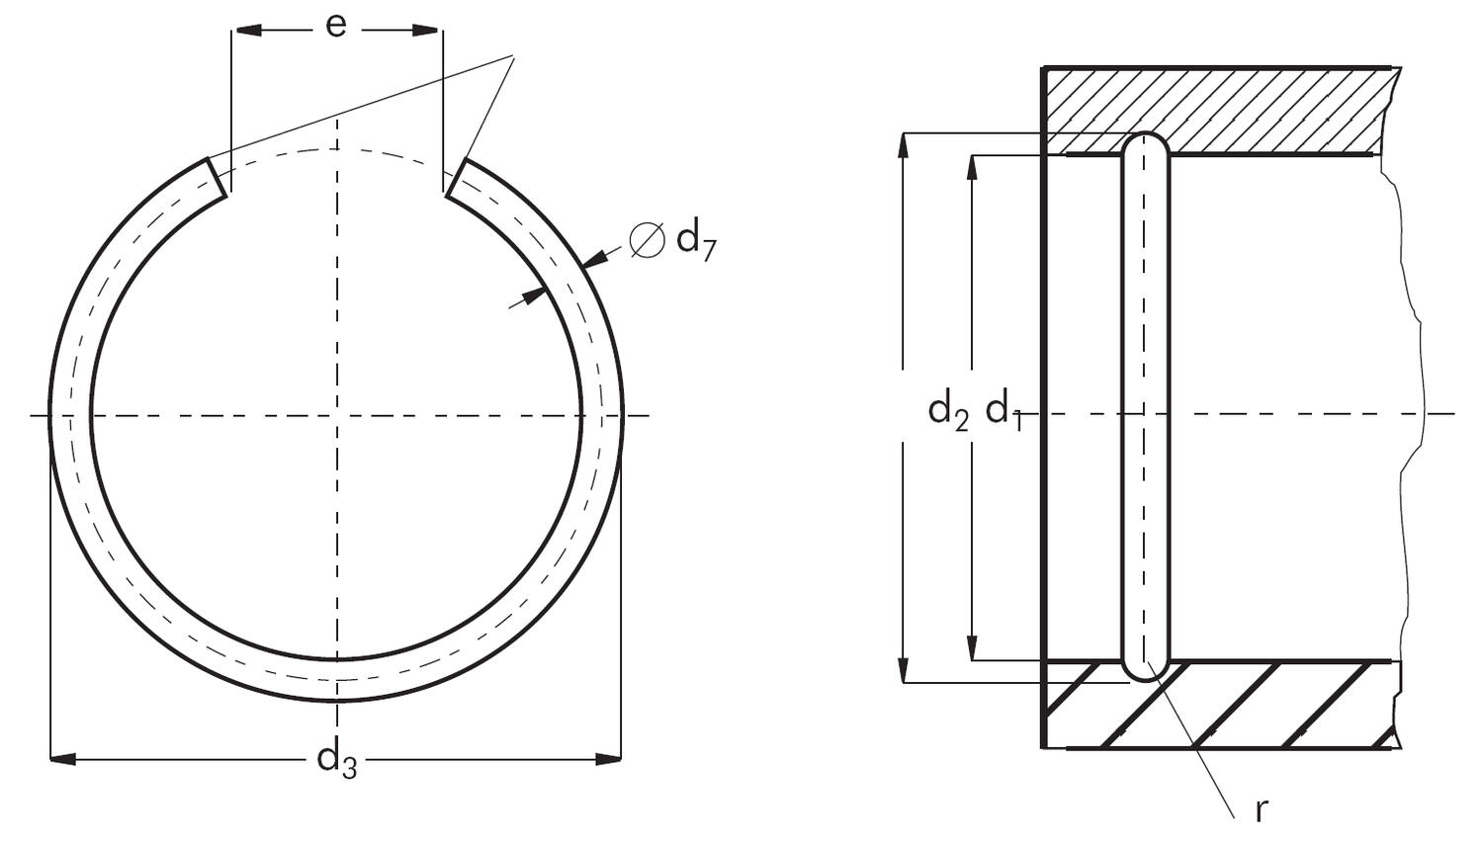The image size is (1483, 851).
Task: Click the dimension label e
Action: click(x=336, y=27)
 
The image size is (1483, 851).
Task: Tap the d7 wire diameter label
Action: click(x=695, y=240)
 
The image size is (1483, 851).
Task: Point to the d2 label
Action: click(x=947, y=409)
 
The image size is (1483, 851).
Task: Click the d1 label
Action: click(x=1003, y=409)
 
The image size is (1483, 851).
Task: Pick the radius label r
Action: click(x=1261, y=810)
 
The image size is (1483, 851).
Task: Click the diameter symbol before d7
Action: click(x=648, y=240)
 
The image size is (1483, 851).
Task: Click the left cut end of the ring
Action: click(x=218, y=177)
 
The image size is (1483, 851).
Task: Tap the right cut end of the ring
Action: click(x=456, y=178)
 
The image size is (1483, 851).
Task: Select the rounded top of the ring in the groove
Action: click(x=1146, y=141)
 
